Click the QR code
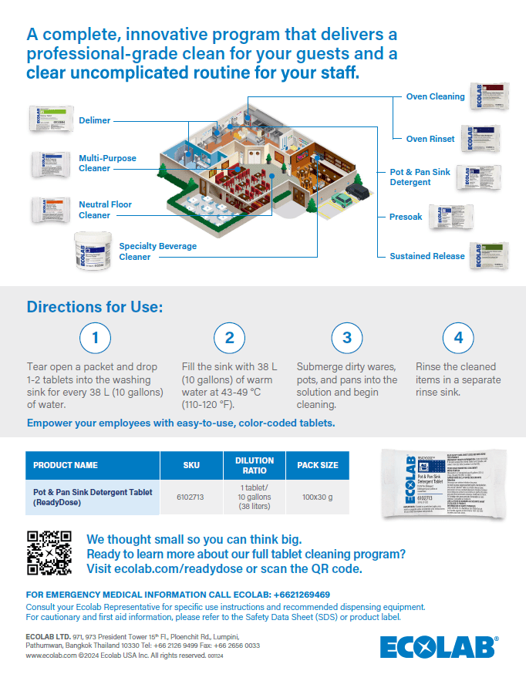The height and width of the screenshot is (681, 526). click(49, 553)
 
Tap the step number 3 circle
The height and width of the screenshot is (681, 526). click(347, 338)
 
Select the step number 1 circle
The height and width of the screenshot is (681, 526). click(96, 338)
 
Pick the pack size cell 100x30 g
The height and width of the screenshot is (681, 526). click(318, 497)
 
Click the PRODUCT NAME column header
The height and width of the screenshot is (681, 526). click(66, 465)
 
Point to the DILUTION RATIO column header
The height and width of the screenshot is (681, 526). click(255, 465)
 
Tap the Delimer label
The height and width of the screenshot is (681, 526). click(95, 120)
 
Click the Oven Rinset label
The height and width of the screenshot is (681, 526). click(430, 139)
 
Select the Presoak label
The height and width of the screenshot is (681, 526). click(406, 217)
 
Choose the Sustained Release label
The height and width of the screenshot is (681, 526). click(427, 256)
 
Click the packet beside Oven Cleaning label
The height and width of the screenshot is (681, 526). click(491, 96)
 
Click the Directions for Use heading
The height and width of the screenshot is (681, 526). click(95, 307)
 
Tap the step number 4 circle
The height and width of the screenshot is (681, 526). click(458, 338)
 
